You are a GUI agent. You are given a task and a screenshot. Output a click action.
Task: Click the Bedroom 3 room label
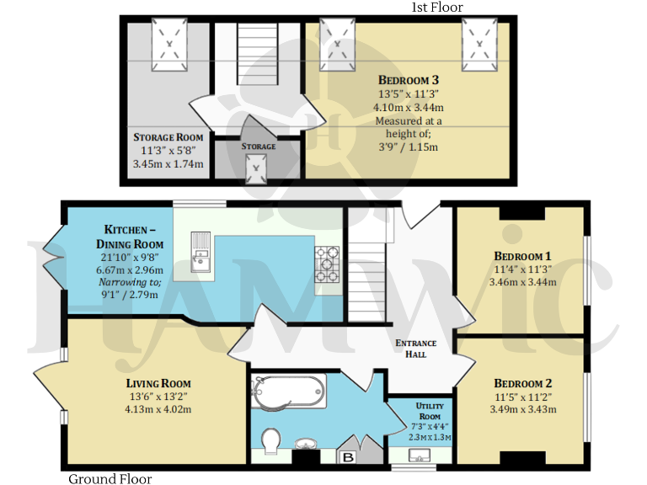tap(409, 80)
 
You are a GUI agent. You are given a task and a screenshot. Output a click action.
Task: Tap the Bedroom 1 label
tap(522, 255)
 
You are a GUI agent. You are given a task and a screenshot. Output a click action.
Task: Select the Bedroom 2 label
tap(522, 379)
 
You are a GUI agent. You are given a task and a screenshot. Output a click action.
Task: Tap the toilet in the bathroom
tap(273, 441)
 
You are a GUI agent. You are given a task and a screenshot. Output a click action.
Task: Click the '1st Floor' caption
tap(436, 8)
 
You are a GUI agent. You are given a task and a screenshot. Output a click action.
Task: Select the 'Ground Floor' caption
tap(110, 478)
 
